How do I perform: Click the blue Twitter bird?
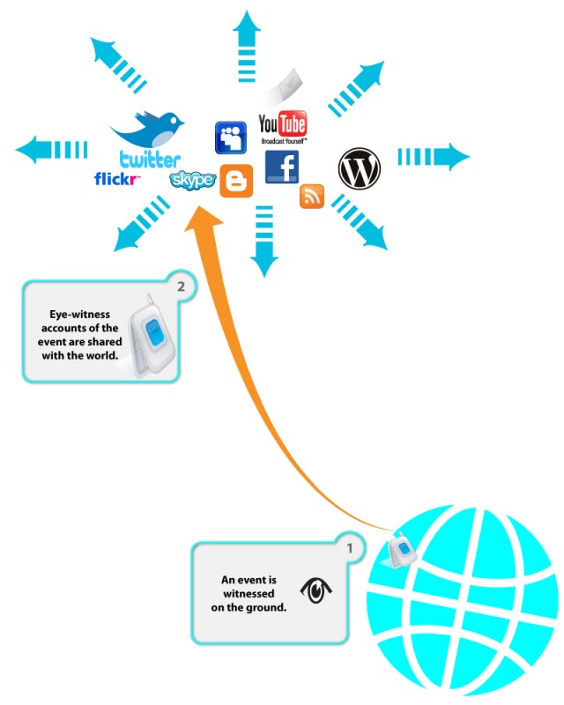click(148, 130)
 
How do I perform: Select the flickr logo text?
click(117, 180)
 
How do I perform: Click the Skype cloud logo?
click(192, 181)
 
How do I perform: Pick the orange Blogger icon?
click(235, 181)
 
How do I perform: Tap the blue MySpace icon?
click(231, 137)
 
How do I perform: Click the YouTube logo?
click(282, 125)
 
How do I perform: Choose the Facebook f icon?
click(281, 167)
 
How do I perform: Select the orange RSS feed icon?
click(312, 197)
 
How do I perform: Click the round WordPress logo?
click(360, 169)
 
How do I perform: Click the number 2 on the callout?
click(181, 286)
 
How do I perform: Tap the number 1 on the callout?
click(350, 548)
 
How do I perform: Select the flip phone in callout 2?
click(151, 336)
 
